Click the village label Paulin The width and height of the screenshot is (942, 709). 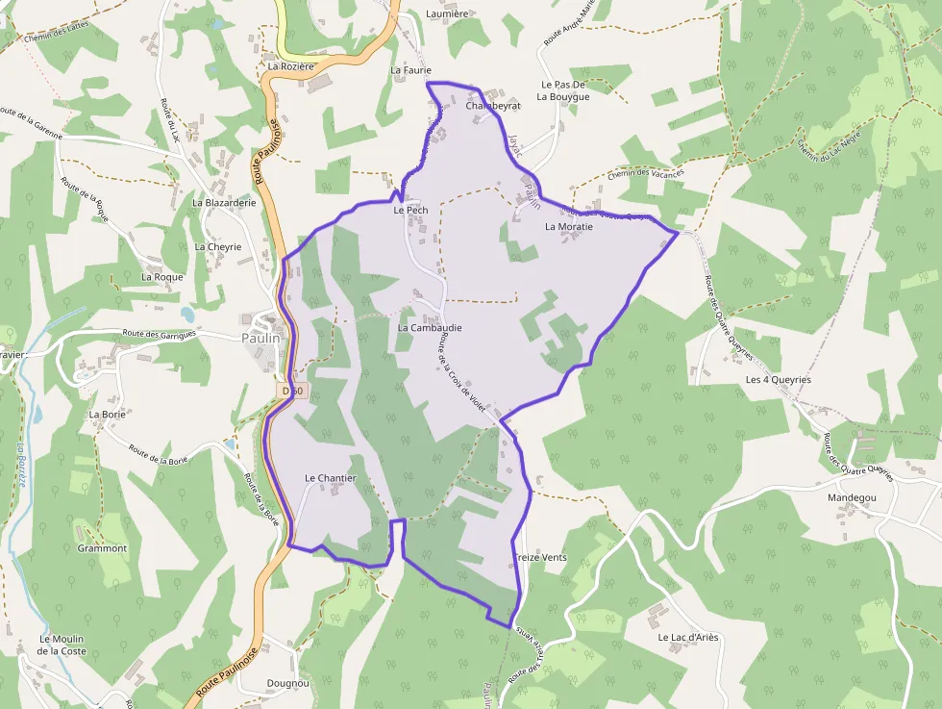pyautogui.click(x=260, y=338)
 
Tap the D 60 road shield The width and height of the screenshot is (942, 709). pyautogui.click(x=293, y=391)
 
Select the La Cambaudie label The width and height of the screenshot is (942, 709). pyautogui.click(x=429, y=328)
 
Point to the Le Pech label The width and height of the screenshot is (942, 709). pyautogui.click(x=410, y=210)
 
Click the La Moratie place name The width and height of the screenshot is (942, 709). pyautogui.click(x=568, y=227)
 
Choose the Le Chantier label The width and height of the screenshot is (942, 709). pyautogui.click(x=330, y=478)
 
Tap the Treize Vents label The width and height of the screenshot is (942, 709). pyautogui.click(x=540, y=558)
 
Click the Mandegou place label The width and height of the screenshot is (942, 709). pyautogui.click(x=852, y=498)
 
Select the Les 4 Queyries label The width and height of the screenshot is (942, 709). pyautogui.click(x=778, y=380)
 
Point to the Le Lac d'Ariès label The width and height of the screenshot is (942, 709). pyautogui.click(x=687, y=637)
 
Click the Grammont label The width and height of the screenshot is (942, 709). pyautogui.click(x=102, y=548)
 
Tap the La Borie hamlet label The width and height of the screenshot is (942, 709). pyautogui.click(x=108, y=415)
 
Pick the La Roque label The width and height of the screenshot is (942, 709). pyautogui.click(x=161, y=277)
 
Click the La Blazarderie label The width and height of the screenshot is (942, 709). pyautogui.click(x=224, y=203)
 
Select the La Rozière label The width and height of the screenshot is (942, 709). pyautogui.click(x=291, y=66)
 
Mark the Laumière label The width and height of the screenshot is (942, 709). pyautogui.click(x=447, y=14)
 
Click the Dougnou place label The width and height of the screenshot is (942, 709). pyautogui.click(x=287, y=684)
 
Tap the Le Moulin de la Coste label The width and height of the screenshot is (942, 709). pyautogui.click(x=62, y=645)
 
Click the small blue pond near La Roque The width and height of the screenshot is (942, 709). pyautogui.click(x=186, y=315)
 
